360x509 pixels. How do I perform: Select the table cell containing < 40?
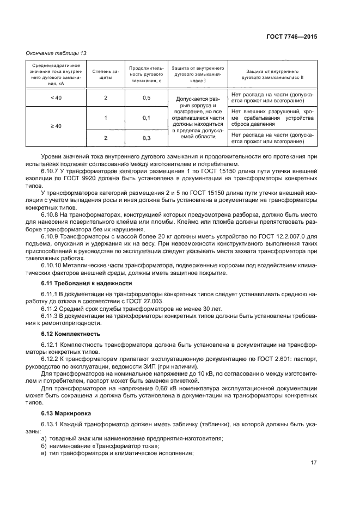(x=56, y=97)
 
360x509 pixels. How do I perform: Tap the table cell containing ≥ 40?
(x=56, y=126)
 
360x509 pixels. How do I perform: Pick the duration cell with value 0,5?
(x=146, y=97)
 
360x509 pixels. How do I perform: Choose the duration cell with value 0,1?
(x=146, y=118)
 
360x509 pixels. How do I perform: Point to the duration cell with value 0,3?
(x=146, y=138)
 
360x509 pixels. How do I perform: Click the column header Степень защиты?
(x=106, y=74)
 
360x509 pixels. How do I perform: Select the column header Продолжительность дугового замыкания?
(x=146, y=74)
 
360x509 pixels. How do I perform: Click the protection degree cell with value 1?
(x=106, y=118)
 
